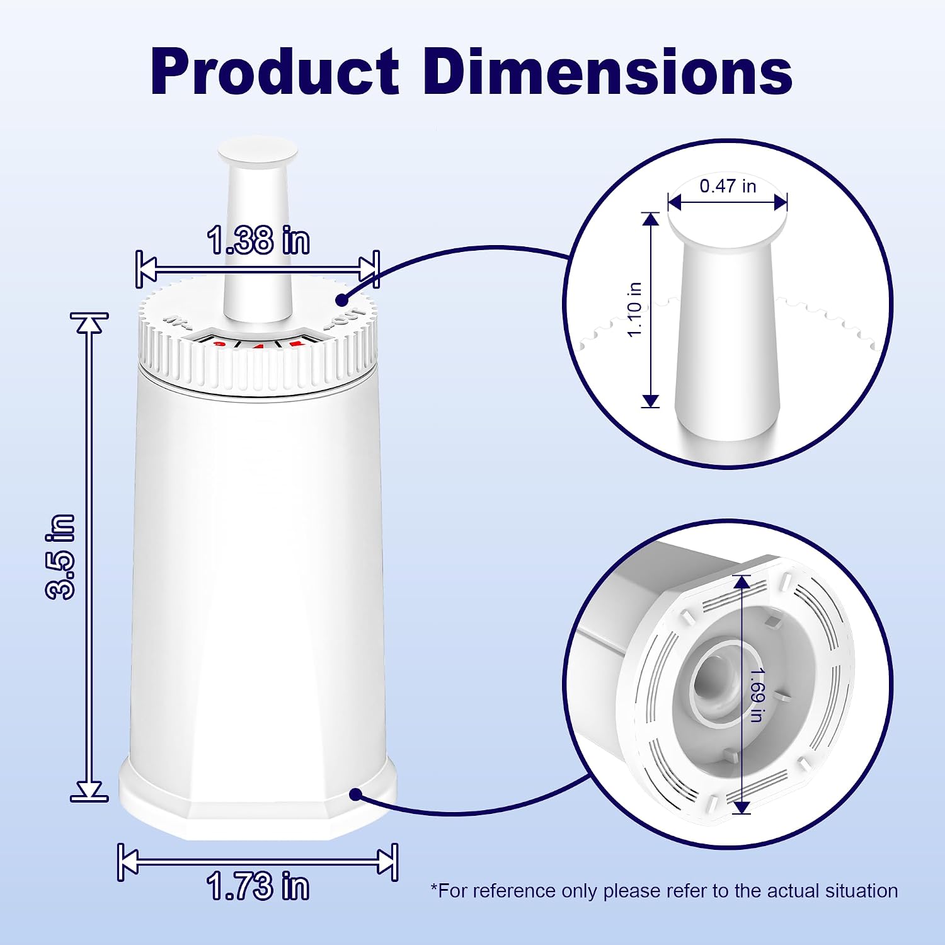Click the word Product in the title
[x=275, y=72]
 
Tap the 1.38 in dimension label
[x=258, y=240]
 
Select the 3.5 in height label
[x=61, y=556]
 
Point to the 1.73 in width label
[x=258, y=886]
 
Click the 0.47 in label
[x=728, y=186]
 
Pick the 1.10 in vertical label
[x=634, y=309]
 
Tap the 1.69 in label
[x=756, y=694]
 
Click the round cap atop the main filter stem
[x=258, y=152]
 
